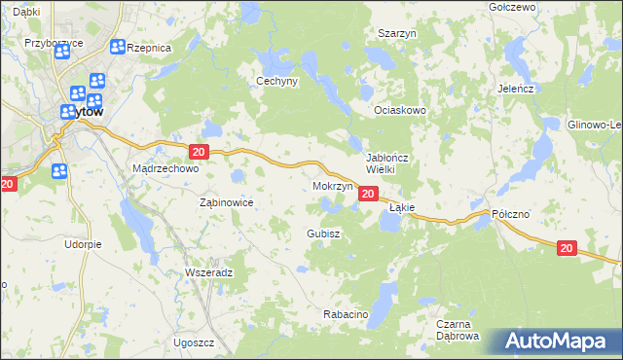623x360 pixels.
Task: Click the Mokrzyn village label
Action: tap(332, 185)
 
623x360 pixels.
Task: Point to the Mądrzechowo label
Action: tap(165, 168)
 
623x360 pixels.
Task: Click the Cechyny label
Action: tap(275, 82)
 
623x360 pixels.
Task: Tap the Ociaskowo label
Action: tap(401, 110)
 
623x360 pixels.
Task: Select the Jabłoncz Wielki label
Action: tap(392, 162)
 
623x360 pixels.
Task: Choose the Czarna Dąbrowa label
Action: tap(458, 330)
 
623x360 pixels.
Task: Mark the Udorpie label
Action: tap(84, 244)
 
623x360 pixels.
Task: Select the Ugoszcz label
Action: tap(194, 343)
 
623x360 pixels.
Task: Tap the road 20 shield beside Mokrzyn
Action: tap(367, 195)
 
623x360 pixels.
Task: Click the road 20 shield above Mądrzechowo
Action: tap(199, 152)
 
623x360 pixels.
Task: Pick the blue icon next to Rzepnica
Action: tap(118, 47)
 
